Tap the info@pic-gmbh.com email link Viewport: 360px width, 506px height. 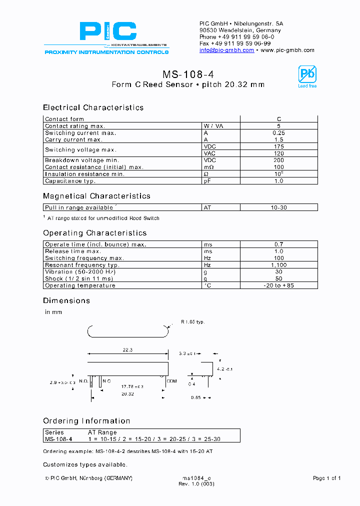(x=226, y=50)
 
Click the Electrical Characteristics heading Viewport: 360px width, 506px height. (x=93, y=107)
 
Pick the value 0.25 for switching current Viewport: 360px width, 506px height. (x=279, y=133)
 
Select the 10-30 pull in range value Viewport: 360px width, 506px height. (x=279, y=207)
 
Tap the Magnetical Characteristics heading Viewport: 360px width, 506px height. (x=96, y=196)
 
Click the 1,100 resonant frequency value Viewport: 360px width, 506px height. (x=279, y=265)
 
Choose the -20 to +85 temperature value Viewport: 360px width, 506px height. (x=279, y=286)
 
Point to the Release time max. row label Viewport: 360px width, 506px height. (x=73, y=251)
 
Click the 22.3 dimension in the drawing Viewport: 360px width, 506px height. (x=127, y=350)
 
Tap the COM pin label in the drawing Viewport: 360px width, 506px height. (x=171, y=381)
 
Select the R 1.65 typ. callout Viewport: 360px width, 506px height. (x=192, y=322)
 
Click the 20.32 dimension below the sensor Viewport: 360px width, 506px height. (x=128, y=394)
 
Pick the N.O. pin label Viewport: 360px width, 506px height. (x=83, y=381)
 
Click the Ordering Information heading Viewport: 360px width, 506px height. (x=86, y=421)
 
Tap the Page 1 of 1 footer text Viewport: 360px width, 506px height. (x=326, y=478)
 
